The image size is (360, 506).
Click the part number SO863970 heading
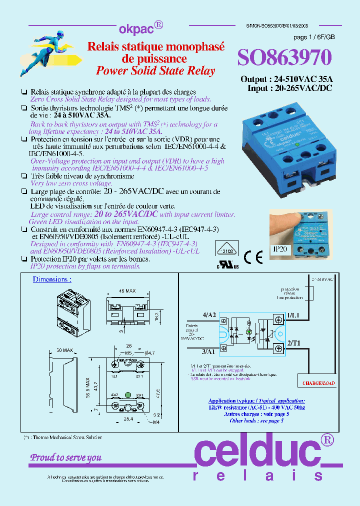[x=284, y=58]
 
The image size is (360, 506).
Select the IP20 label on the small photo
[x=280, y=248]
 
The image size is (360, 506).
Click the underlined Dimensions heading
[x=52, y=279]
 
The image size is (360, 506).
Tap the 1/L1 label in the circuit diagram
[x=293, y=314]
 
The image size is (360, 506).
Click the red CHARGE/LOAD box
[x=318, y=383]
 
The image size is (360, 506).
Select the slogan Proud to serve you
[x=66, y=457]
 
